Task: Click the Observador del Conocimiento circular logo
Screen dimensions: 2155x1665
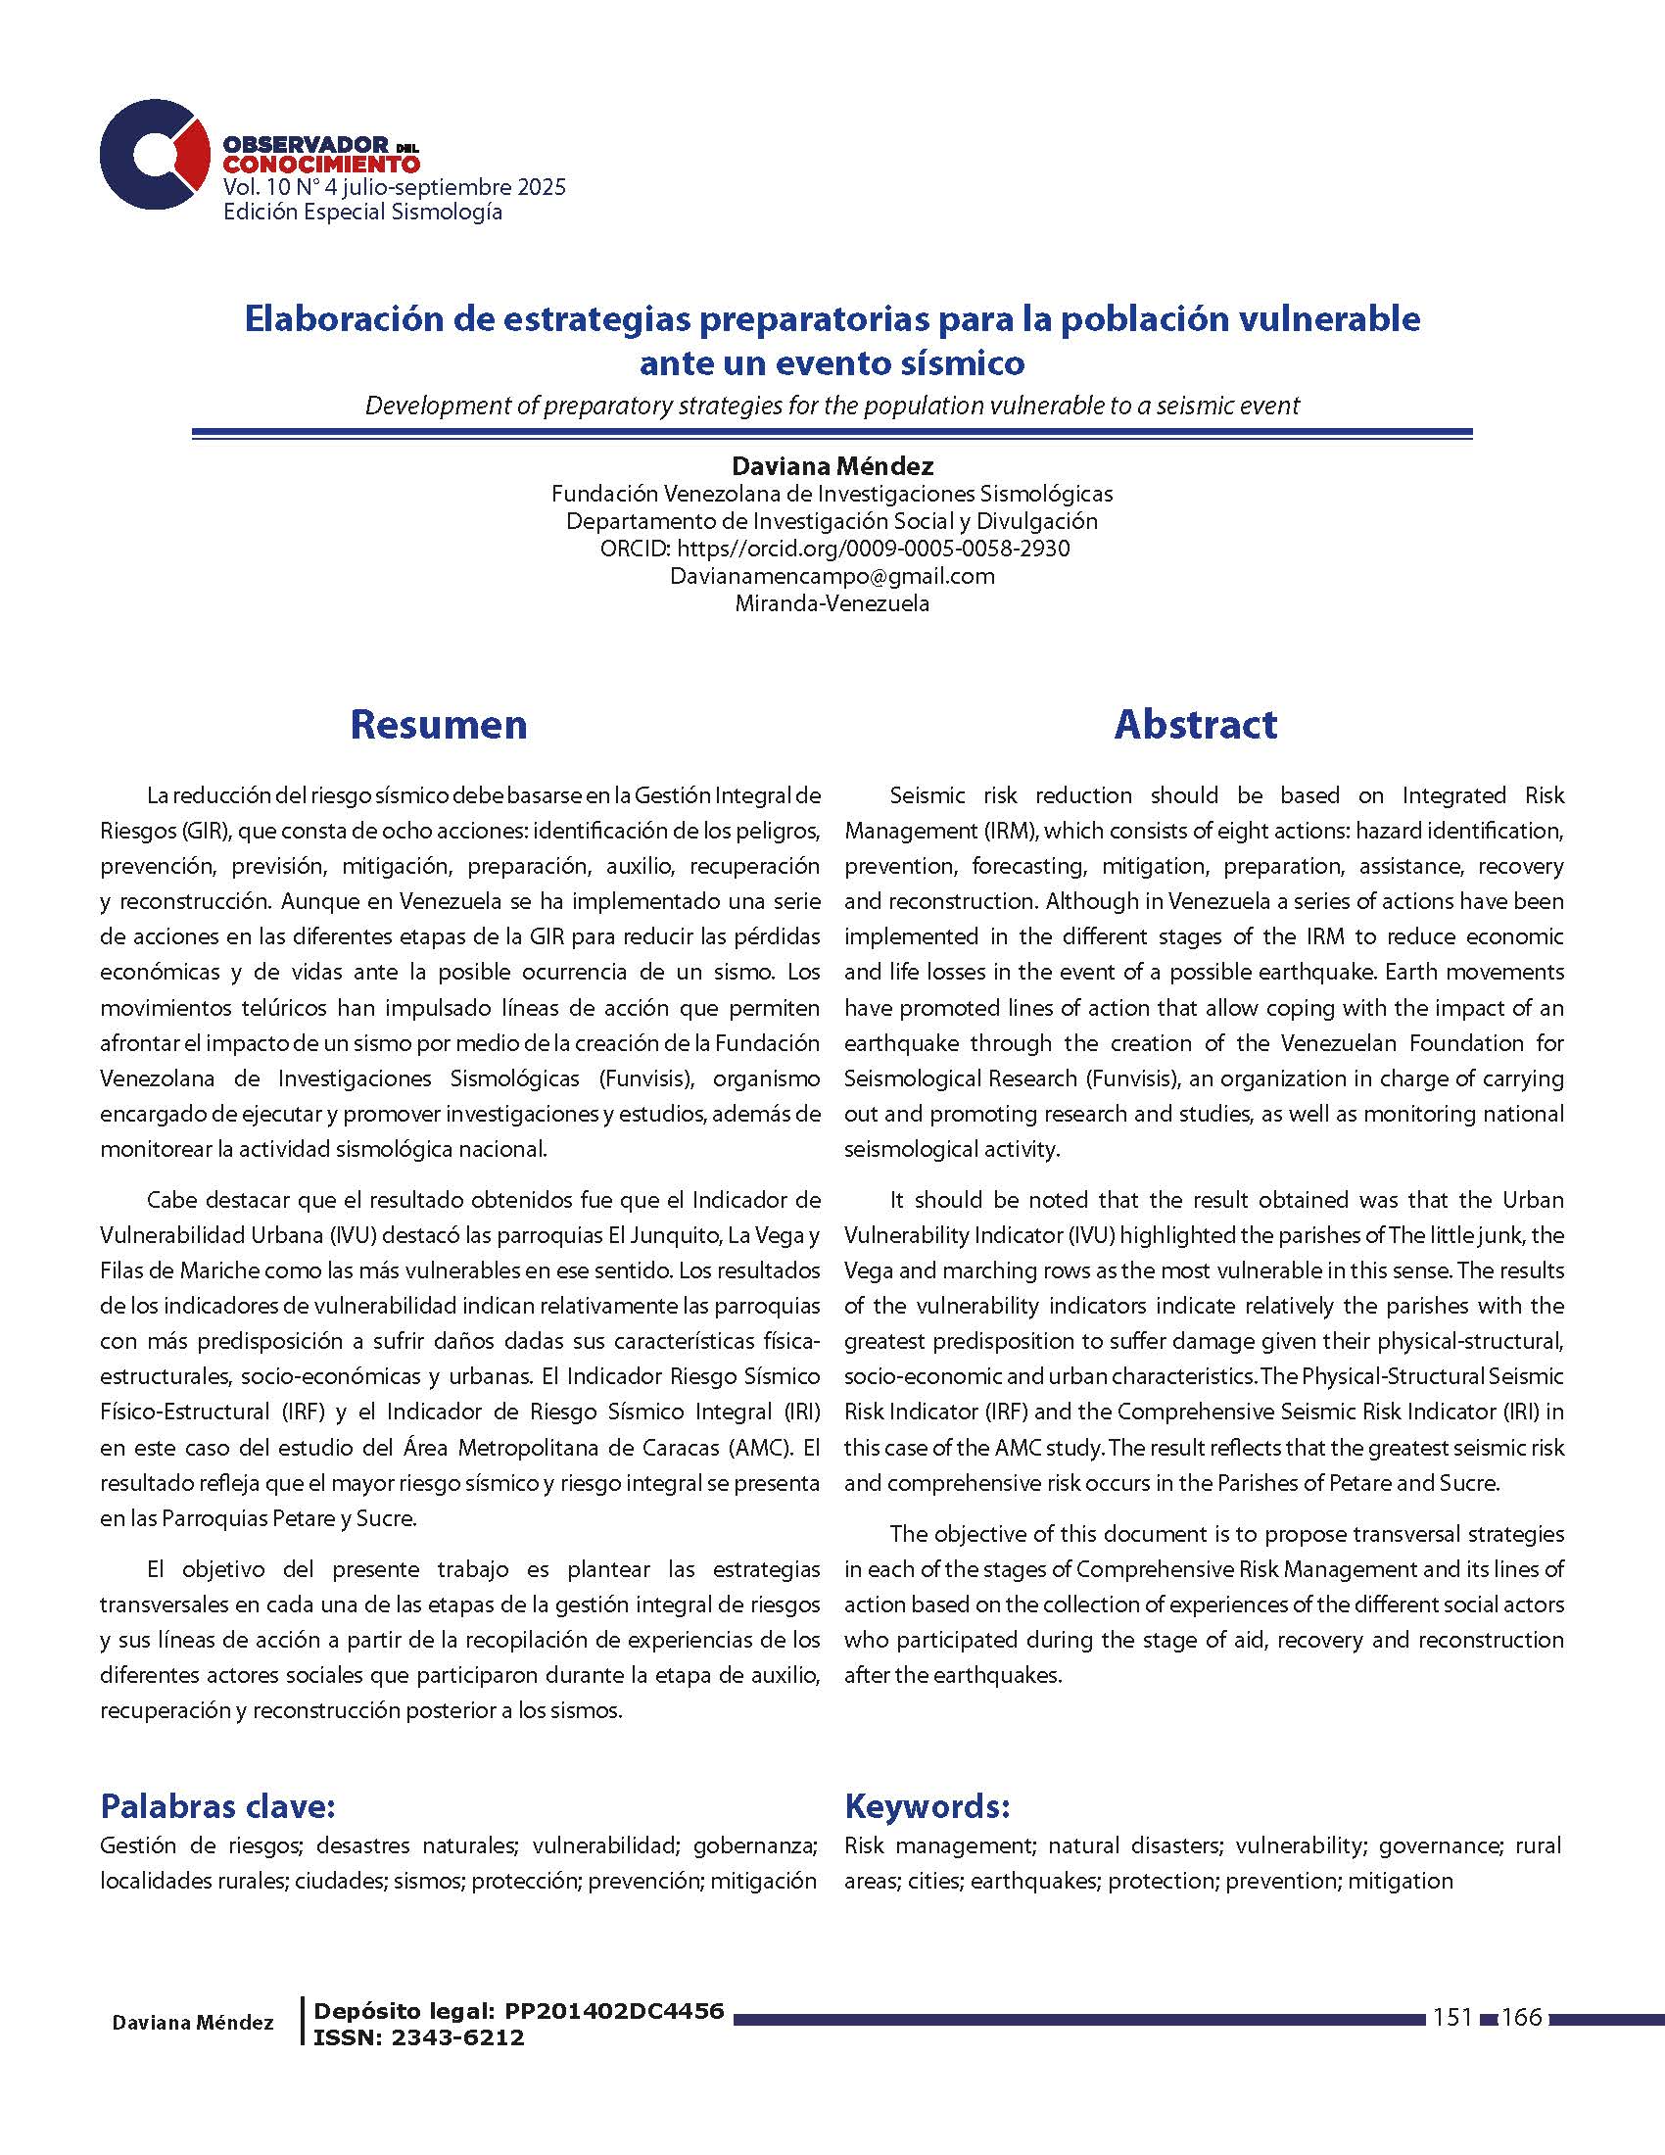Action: [x=154, y=154]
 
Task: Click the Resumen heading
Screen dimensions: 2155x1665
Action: [x=438, y=724]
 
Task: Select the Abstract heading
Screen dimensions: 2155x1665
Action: [x=1195, y=724]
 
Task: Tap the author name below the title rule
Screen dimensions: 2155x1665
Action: [x=832, y=465]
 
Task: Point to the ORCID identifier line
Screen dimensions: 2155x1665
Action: [x=833, y=549]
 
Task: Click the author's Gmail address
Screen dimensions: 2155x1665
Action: [x=832, y=576]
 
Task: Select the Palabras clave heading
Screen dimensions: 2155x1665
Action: [x=218, y=1806]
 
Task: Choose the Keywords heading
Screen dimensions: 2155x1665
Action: [x=927, y=1806]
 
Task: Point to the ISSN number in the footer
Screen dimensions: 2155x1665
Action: [x=418, y=2037]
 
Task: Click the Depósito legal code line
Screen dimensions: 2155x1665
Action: [x=518, y=2011]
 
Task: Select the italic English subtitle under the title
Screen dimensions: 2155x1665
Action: [x=832, y=406]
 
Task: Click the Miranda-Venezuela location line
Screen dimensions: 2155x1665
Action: [x=832, y=603]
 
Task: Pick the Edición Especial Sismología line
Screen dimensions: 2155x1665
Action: [x=362, y=213]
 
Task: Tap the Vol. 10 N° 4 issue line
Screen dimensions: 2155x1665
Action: [x=395, y=187]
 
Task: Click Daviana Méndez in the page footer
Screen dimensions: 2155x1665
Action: [x=192, y=2023]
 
